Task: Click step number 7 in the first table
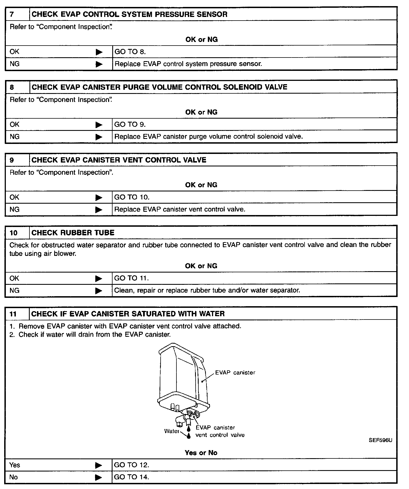(x=12, y=14)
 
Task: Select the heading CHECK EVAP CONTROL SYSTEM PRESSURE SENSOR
(x=129, y=14)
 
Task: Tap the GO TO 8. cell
(x=130, y=52)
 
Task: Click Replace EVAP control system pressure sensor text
(x=188, y=64)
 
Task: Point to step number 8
(x=12, y=87)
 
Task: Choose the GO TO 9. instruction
(x=130, y=124)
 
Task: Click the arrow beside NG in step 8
(x=99, y=137)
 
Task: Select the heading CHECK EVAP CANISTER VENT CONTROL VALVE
(x=119, y=160)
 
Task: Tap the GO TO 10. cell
(x=132, y=197)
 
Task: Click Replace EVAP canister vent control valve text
(x=180, y=209)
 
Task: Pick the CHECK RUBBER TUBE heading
(x=73, y=233)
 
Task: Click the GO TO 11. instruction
(x=131, y=278)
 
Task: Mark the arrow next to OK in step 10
(x=99, y=279)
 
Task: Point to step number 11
(x=13, y=314)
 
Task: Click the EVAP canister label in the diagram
(x=235, y=373)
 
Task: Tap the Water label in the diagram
(x=172, y=431)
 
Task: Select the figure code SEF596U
(x=380, y=440)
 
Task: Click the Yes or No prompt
(x=201, y=453)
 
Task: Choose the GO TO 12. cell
(x=131, y=465)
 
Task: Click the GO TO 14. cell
(x=131, y=477)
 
